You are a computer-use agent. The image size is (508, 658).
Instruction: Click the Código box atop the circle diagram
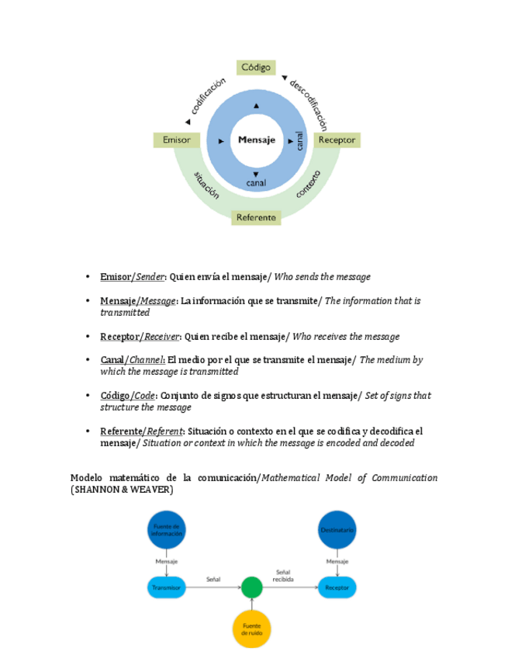[255, 68]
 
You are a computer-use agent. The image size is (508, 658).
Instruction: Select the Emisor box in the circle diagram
[177, 140]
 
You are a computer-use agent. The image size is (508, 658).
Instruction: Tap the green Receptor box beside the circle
[337, 140]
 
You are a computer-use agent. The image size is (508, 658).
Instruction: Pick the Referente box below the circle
[256, 218]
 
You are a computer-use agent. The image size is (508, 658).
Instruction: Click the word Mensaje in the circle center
[256, 140]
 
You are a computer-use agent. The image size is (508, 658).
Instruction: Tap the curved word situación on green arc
[206, 186]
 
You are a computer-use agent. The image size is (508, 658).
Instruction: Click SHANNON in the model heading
[98, 490]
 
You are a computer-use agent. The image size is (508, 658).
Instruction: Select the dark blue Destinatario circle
[337, 530]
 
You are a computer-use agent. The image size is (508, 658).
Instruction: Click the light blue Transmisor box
[167, 587]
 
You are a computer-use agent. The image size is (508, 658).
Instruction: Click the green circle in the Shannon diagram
[251, 587]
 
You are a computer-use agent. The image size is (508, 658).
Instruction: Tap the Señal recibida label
[283, 574]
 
